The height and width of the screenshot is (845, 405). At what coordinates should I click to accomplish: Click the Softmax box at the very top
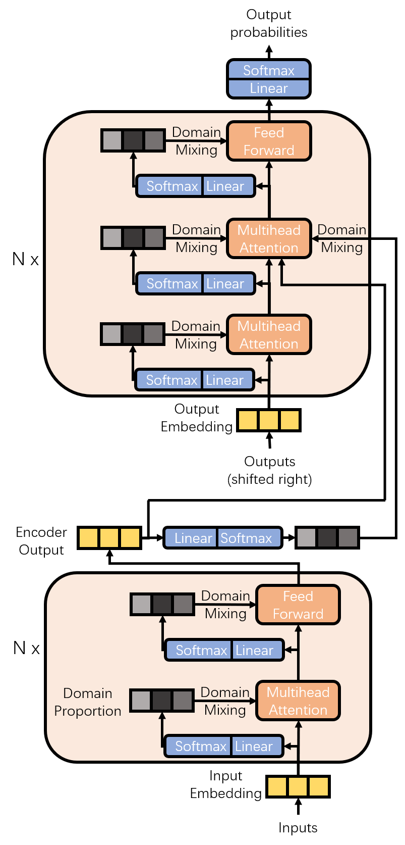pos(268,70)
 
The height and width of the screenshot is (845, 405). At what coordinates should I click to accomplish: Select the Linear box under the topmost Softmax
pos(268,88)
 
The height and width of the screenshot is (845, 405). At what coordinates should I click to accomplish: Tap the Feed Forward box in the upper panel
pos(268,141)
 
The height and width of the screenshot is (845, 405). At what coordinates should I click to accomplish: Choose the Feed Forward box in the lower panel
pos(298,605)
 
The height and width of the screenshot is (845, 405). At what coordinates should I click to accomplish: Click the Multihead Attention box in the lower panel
pos(298,701)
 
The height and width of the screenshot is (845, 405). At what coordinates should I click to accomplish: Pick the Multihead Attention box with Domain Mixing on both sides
pos(268,239)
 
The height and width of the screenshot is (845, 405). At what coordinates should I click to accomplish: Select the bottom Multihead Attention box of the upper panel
pos(268,335)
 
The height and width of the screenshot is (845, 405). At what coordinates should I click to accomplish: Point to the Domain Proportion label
pos(88,702)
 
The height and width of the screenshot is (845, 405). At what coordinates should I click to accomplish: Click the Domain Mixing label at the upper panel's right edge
pos(342,238)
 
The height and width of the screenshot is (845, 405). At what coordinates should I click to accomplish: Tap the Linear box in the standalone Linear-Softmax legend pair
pos(193,538)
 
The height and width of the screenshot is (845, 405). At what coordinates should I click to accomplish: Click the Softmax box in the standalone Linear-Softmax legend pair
pos(247,538)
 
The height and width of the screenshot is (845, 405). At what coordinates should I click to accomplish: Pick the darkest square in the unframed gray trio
pos(327,538)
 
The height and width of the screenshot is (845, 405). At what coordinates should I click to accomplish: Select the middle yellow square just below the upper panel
pos(268,420)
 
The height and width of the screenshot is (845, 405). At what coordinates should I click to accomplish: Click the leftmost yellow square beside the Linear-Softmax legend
pos(88,538)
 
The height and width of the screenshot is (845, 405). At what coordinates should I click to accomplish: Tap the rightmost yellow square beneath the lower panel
pos(318,787)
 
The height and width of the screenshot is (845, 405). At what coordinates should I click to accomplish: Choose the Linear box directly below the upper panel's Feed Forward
pos(225,186)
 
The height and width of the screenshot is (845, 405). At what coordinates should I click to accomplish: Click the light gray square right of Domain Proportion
pos(141,701)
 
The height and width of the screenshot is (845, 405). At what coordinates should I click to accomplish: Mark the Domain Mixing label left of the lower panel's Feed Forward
pos(225,605)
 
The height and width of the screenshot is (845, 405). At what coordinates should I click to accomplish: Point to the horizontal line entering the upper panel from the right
pos(328,285)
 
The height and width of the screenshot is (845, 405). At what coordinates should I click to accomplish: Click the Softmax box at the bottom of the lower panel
pos(201,747)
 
